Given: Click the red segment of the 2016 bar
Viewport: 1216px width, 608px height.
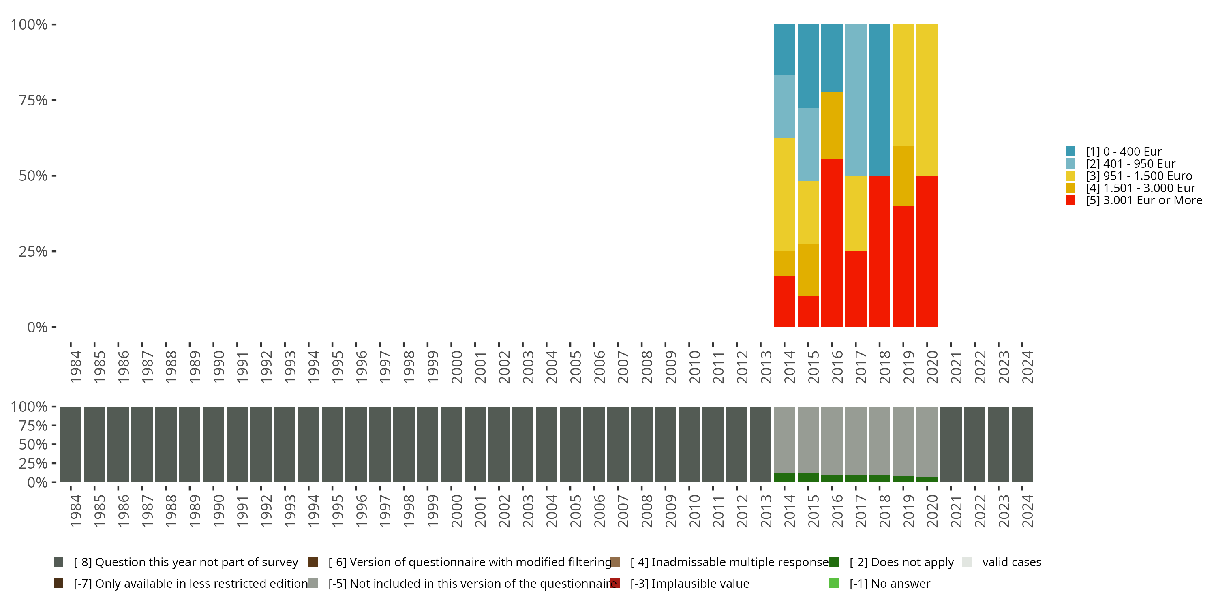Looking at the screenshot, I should pos(832,243).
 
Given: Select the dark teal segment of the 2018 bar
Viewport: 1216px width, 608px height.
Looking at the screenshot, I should pos(880,100).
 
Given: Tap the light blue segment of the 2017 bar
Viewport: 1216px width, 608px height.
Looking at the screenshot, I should pos(855,100).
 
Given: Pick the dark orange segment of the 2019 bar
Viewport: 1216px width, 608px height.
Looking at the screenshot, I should pos(903,176).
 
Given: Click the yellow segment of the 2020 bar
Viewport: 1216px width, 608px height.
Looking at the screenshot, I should pos(927,100).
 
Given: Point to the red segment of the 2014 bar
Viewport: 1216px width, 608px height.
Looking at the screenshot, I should pos(784,302).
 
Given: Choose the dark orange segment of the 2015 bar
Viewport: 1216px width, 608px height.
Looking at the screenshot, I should pos(808,270).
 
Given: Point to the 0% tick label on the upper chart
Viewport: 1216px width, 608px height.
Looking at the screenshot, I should pos(37,327).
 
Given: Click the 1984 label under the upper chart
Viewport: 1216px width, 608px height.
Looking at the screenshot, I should pos(75,367).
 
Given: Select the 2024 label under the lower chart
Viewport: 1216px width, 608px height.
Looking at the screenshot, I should pos(1028,511).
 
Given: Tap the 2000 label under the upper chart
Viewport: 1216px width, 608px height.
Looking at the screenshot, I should pos(456,367).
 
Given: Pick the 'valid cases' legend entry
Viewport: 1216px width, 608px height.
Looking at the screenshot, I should pos(1011,562).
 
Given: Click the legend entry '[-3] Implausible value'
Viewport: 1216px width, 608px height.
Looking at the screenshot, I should pos(689,583).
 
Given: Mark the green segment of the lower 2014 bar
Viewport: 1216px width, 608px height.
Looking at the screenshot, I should pos(784,477).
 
